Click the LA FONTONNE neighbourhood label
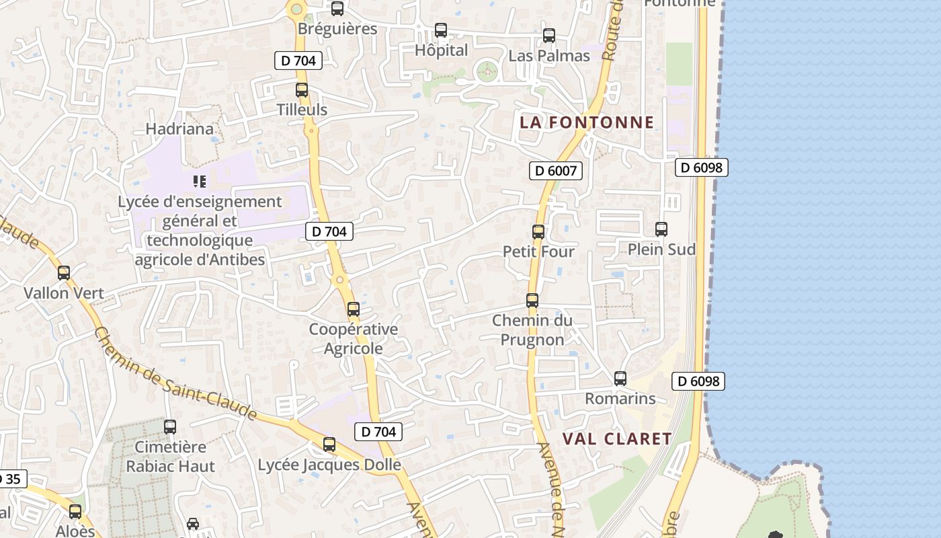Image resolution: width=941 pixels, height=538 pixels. tap(587, 122)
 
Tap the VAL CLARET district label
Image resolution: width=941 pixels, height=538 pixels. tap(617, 439)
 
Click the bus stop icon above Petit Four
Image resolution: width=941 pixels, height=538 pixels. tap(538, 232)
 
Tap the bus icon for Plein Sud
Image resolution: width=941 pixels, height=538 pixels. tap(661, 229)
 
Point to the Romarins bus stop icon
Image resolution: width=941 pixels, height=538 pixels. tap(620, 379)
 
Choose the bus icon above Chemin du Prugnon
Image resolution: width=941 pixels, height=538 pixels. tap(532, 301)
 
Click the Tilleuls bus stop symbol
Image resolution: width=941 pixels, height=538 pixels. tap(302, 89)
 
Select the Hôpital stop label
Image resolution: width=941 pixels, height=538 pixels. tap(441, 50)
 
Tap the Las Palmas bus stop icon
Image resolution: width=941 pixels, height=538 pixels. tap(549, 36)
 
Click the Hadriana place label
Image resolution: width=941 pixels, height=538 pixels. tap(180, 129)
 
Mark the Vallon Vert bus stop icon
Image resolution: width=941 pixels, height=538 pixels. tap(64, 273)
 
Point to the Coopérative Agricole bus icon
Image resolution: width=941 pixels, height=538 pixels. tap(354, 309)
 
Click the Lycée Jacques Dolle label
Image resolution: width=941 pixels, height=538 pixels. tap(329, 465)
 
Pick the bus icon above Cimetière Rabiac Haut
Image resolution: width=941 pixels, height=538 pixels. tap(170, 426)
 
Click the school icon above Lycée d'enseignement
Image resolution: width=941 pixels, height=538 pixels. tap(199, 181)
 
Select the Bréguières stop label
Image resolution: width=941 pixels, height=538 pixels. tap(337, 30)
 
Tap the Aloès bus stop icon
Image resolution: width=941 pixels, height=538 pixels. tap(75, 512)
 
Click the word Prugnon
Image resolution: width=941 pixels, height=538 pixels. tap(532, 340)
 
